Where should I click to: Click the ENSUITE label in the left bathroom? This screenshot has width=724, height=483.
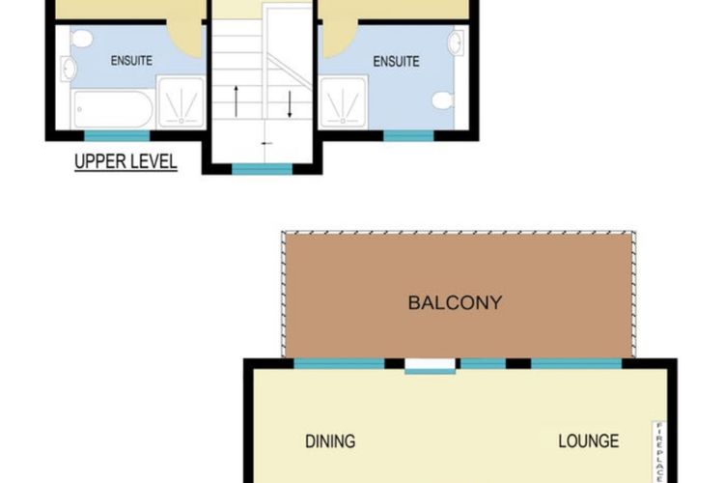click(131, 61)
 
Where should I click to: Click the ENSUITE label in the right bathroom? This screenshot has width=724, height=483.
click(396, 61)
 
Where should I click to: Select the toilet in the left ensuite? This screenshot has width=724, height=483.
click(82, 40)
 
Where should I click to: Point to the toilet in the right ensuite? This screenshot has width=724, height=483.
click(443, 100)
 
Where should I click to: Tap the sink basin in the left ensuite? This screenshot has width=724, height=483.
click(69, 69)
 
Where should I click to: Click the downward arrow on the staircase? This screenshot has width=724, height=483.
click(289, 102)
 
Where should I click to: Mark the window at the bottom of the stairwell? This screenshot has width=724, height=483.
click(263, 169)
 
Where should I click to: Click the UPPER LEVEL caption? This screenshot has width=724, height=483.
click(125, 161)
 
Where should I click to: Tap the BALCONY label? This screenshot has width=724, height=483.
click(455, 302)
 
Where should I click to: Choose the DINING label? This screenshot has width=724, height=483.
click(330, 441)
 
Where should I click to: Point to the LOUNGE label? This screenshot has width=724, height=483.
click(588, 441)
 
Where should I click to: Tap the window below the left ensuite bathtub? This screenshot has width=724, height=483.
click(117, 135)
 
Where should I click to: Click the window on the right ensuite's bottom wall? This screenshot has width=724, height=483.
click(408, 135)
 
